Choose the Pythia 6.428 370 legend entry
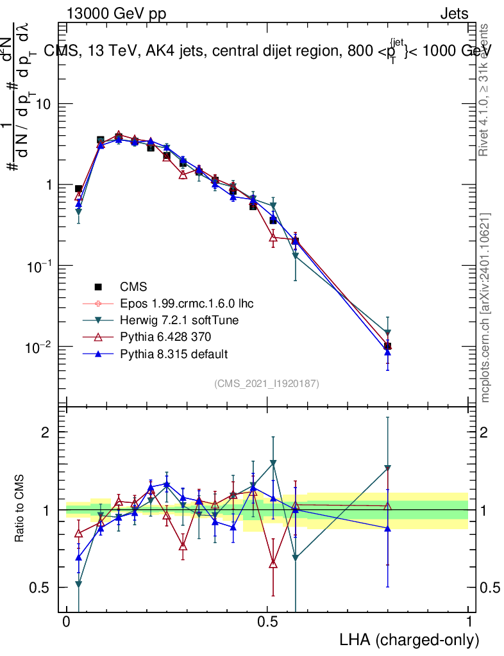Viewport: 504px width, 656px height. tap(164, 337)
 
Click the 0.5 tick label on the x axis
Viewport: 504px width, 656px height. tap(267, 623)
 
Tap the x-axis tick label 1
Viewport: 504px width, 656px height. tap(469, 623)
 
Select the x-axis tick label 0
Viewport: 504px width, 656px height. tap(66, 623)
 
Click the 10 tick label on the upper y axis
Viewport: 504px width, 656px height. tap(45, 104)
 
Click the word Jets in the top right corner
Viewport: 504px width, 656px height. tap(454, 14)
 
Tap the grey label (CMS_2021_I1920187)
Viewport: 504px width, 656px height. tap(267, 383)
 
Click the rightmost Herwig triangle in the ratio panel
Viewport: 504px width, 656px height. tap(387, 468)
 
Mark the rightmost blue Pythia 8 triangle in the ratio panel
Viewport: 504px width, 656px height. tap(387, 528)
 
